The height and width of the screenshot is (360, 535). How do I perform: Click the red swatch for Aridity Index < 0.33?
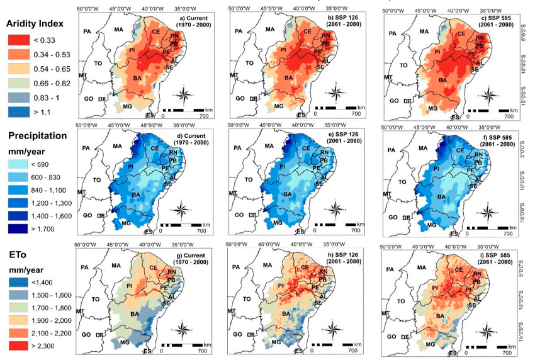tap(19, 42)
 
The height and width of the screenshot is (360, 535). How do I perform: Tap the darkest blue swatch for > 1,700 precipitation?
tap(19, 230)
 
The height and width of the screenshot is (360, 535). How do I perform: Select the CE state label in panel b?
tap(307, 31)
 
